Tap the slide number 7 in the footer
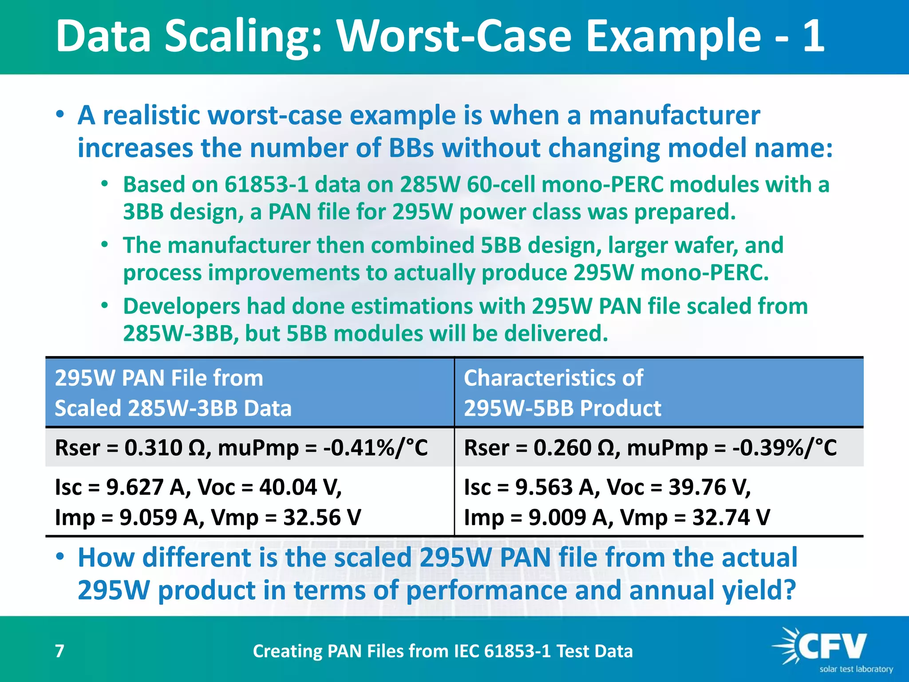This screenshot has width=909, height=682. [x=59, y=651]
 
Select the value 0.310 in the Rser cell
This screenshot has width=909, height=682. [x=153, y=448]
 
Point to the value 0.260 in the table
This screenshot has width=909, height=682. [x=562, y=448]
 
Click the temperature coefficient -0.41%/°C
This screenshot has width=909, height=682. [x=375, y=448]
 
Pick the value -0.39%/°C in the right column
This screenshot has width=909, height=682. [x=785, y=448]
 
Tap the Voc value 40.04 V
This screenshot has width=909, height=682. [x=300, y=487]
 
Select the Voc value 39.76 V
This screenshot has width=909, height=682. [x=709, y=487]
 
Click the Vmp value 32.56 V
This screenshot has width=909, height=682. [x=322, y=517]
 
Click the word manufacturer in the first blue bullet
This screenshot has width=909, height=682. [x=674, y=115]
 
